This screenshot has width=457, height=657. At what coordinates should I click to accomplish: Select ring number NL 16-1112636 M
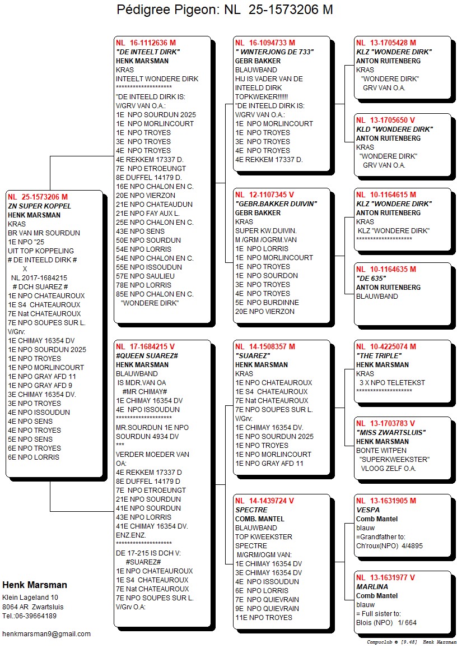[146, 43]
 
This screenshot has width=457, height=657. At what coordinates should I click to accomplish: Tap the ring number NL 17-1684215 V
[145, 346]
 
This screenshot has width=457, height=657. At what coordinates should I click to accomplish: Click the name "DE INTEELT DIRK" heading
[147, 52]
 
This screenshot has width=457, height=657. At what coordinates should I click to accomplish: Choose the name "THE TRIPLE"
[379, 355]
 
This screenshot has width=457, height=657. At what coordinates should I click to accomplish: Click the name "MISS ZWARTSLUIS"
[391, 432]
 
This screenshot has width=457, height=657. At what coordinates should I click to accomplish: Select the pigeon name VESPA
[367, 510]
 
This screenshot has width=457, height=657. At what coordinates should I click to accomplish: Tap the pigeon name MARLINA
[372, 586]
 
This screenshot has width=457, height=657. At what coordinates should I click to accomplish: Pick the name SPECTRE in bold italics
[251, 510]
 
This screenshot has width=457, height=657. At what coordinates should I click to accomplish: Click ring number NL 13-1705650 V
[385, 120]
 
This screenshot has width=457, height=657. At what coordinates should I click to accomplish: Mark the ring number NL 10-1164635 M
[386, 269]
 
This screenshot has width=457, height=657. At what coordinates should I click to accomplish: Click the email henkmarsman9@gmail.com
[46, 633]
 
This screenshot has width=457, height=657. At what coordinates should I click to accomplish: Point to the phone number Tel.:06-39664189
[29, 616]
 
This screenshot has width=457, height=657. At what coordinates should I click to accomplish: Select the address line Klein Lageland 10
[30, 598]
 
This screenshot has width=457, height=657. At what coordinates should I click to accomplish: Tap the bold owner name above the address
[34, 585]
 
